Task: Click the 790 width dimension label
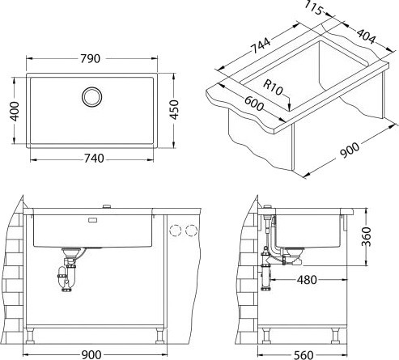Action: point(91,58)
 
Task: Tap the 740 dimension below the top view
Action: point(94,159)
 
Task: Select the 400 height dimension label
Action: point(15,111)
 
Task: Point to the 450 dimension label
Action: point(174,110)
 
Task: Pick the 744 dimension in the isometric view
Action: point(261,45)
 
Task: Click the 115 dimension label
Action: point(314,8)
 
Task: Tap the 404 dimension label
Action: point(366,36)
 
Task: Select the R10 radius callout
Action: point(273,87)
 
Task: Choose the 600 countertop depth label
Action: point(254,104)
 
